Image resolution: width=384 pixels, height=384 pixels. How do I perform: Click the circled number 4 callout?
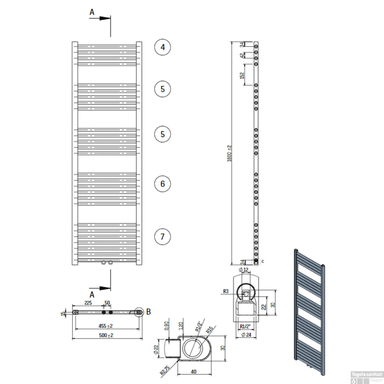point(163,47)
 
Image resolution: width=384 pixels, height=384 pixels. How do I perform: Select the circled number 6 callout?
point(163,184)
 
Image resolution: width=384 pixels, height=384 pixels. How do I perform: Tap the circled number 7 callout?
point(163,237)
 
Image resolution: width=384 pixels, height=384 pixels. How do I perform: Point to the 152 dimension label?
point(242,75)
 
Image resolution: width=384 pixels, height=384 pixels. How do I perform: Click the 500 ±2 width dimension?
point(106,335)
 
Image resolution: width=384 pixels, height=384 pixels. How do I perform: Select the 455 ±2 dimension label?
point(105,326)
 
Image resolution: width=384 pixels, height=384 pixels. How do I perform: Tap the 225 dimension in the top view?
point(88,303)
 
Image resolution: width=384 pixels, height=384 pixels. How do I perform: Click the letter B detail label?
point(148,312)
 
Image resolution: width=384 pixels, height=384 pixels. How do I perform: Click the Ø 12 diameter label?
point(243,270)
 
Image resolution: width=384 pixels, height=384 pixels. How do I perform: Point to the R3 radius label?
point(226,291)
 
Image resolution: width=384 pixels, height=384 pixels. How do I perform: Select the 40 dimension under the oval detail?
point(194,371)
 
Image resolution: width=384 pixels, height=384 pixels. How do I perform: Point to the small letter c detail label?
point(263,261)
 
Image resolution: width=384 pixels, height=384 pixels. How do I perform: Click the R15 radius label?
point(209,329)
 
